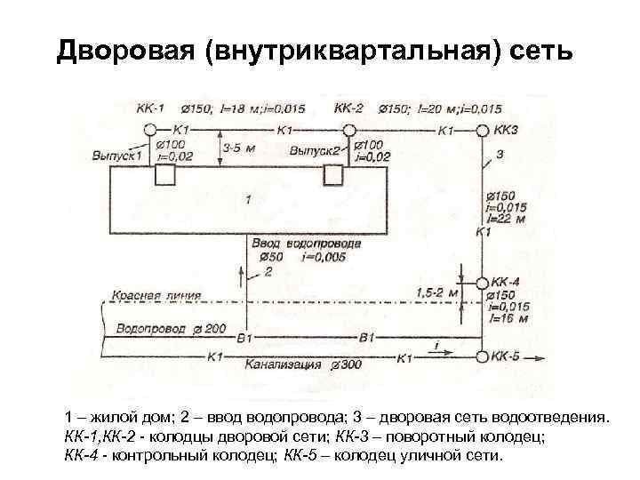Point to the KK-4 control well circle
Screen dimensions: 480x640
click(x=482, y=284)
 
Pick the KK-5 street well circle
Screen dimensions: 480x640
click(x=482, y=356)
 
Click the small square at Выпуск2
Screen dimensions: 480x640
click(x=332, y=176)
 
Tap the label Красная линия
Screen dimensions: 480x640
click(x=156, y=294)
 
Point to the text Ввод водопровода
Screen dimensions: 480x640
click(x=306, y=243)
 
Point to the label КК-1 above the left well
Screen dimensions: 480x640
click(x=150, y=108)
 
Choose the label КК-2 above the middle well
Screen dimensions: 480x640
click(x=348, y=108)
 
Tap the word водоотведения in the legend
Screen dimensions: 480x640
click(x=556, y=418)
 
